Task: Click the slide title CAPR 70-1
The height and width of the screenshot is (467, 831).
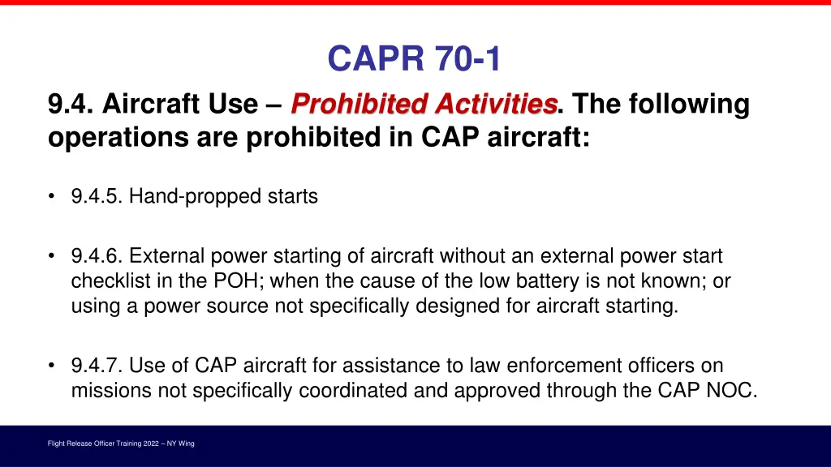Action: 415,58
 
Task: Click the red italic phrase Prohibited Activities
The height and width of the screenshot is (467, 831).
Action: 424,105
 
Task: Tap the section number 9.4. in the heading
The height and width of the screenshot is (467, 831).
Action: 71,105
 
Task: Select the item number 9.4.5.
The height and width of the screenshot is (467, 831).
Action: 97,196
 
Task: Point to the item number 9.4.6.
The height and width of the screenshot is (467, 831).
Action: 97,256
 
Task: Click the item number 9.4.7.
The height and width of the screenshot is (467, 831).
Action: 97,366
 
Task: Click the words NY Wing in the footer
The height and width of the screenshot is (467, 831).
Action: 179,443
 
